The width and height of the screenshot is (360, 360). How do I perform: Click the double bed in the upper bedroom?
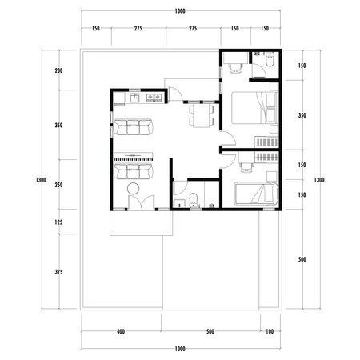(252, 109)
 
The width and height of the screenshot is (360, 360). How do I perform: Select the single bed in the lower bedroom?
(254, 193)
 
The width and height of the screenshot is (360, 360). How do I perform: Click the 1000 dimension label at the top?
(179, 11)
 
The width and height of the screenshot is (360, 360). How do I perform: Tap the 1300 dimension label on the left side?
(41, 179)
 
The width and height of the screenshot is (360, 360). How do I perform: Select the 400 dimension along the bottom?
(121, 330)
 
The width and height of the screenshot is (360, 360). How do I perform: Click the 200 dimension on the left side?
(58, 71)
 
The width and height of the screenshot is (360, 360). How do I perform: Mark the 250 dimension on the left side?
(58, 185)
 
